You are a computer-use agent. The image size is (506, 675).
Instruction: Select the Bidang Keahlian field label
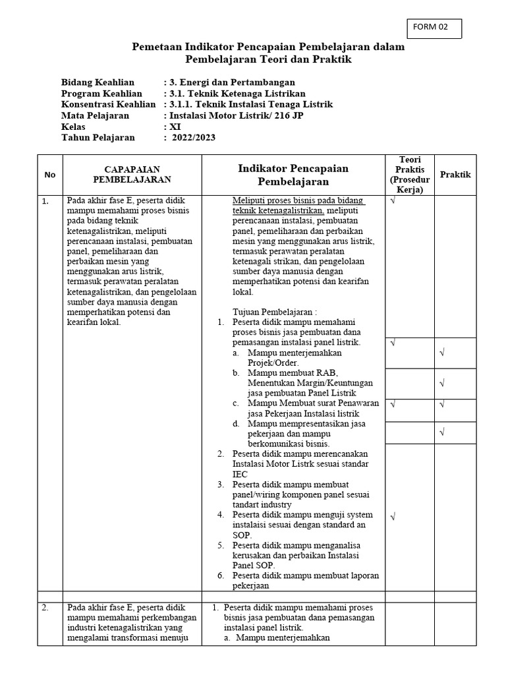click(98, 82)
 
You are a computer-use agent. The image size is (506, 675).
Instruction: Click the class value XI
click(175, 127)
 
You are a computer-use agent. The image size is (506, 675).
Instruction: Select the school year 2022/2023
click(194, 138)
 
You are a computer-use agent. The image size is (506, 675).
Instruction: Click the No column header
click(50, 175)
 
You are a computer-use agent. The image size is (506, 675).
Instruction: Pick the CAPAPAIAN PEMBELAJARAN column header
click(132, 174)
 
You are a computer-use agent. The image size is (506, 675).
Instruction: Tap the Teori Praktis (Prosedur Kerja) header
click(410, 175)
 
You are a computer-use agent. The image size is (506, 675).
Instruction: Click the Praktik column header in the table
click(455, 175)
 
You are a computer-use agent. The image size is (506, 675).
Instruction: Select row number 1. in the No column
click(45, 202)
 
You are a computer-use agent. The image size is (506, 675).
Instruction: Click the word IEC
click(240, 474)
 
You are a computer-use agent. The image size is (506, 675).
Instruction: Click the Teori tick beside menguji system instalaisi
click(393, 517)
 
